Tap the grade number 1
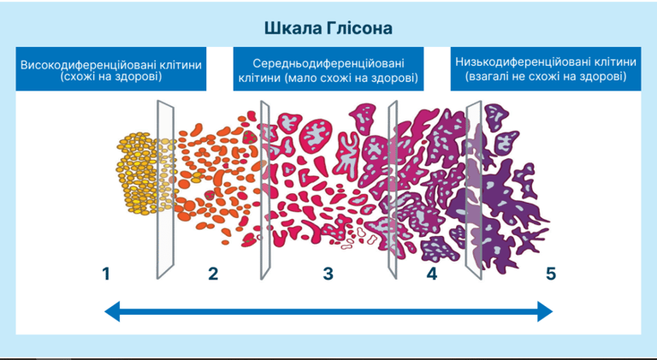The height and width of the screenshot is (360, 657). click(x=106, y=274)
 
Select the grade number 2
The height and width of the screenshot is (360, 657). click(x=213, y=274)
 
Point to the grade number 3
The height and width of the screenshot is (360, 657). click(x=328, y=274)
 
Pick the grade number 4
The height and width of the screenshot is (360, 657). click(x=431, y=274)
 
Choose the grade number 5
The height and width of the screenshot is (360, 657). click(x=551, y=274)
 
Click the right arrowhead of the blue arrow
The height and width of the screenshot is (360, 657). click(x=545, y=313)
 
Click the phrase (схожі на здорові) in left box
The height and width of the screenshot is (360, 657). click(x=111, y=77)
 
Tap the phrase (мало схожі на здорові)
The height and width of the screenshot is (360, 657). click(x=352, y=79)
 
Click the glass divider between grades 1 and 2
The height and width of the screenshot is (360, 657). click(x=165, y=188)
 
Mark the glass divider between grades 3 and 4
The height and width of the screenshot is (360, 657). click(x=393, y=188)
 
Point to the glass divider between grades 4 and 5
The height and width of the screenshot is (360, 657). click(x=473, y=188)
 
